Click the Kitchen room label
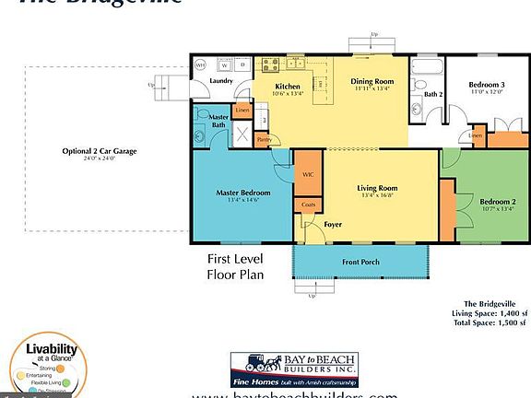click(x=288, y=88)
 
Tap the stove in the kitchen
click(x=269, y=65)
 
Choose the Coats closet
click(x=308, y=205)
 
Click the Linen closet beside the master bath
click(x=242, y=111)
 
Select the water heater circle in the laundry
click(x=200, y=65)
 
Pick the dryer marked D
click(x=243, y=65)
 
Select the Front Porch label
click(x=362, y=262)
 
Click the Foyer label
click(x=333, y=224)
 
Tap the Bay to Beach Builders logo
click(x=293, y=369)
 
